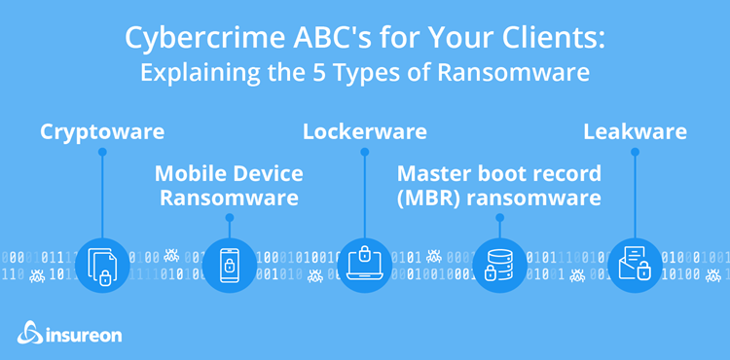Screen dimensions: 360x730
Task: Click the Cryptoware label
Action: point(102,131)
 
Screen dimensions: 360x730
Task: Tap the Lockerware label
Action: point(364,131)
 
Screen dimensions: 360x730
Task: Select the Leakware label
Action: point(635,131)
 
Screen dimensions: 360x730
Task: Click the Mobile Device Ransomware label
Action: point(229,185)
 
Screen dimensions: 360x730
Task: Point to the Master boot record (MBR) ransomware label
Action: point(498,185)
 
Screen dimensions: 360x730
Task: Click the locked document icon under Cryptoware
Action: point(101,265)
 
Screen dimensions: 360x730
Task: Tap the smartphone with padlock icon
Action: point(230,265)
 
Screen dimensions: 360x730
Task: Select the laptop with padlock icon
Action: point(364,265)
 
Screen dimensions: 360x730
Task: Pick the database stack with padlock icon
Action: point(498,265)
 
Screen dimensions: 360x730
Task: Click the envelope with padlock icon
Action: point(635,265)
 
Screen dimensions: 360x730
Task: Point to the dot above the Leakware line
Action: point(635,152)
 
